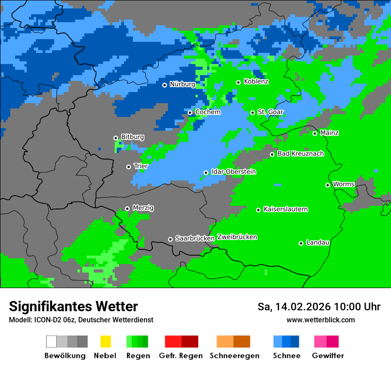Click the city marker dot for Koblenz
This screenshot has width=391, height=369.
tap(238, 82)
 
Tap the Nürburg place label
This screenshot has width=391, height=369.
tap(182, 84)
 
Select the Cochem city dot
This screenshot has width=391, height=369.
tap(190, 112)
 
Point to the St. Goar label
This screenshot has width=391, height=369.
tap(270, 112)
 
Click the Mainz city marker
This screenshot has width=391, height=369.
tap(315, 133)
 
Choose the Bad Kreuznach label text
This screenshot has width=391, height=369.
tap(300, 154)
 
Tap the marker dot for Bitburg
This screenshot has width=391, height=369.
tap(116, 138)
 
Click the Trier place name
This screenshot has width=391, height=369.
tap(141, 166)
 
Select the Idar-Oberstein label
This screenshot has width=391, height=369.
tap(233, 172)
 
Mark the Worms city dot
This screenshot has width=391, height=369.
tap(327, 185)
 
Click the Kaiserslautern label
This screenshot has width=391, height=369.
tap(285, 209)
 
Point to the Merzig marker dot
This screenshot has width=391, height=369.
tap(127, 209)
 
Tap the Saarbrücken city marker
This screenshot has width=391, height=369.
tap(170, 239)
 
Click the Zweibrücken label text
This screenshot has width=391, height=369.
tap(237, 237)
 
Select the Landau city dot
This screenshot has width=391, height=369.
tap(301, 243)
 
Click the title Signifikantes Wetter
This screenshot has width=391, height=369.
tap(73, 306)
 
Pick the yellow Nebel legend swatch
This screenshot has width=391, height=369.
tap(105, 341)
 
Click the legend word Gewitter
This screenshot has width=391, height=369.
tap(327, 356)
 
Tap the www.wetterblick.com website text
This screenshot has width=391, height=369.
tap(320, 320)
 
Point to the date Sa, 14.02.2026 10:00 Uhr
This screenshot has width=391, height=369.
tap(319, 307)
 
